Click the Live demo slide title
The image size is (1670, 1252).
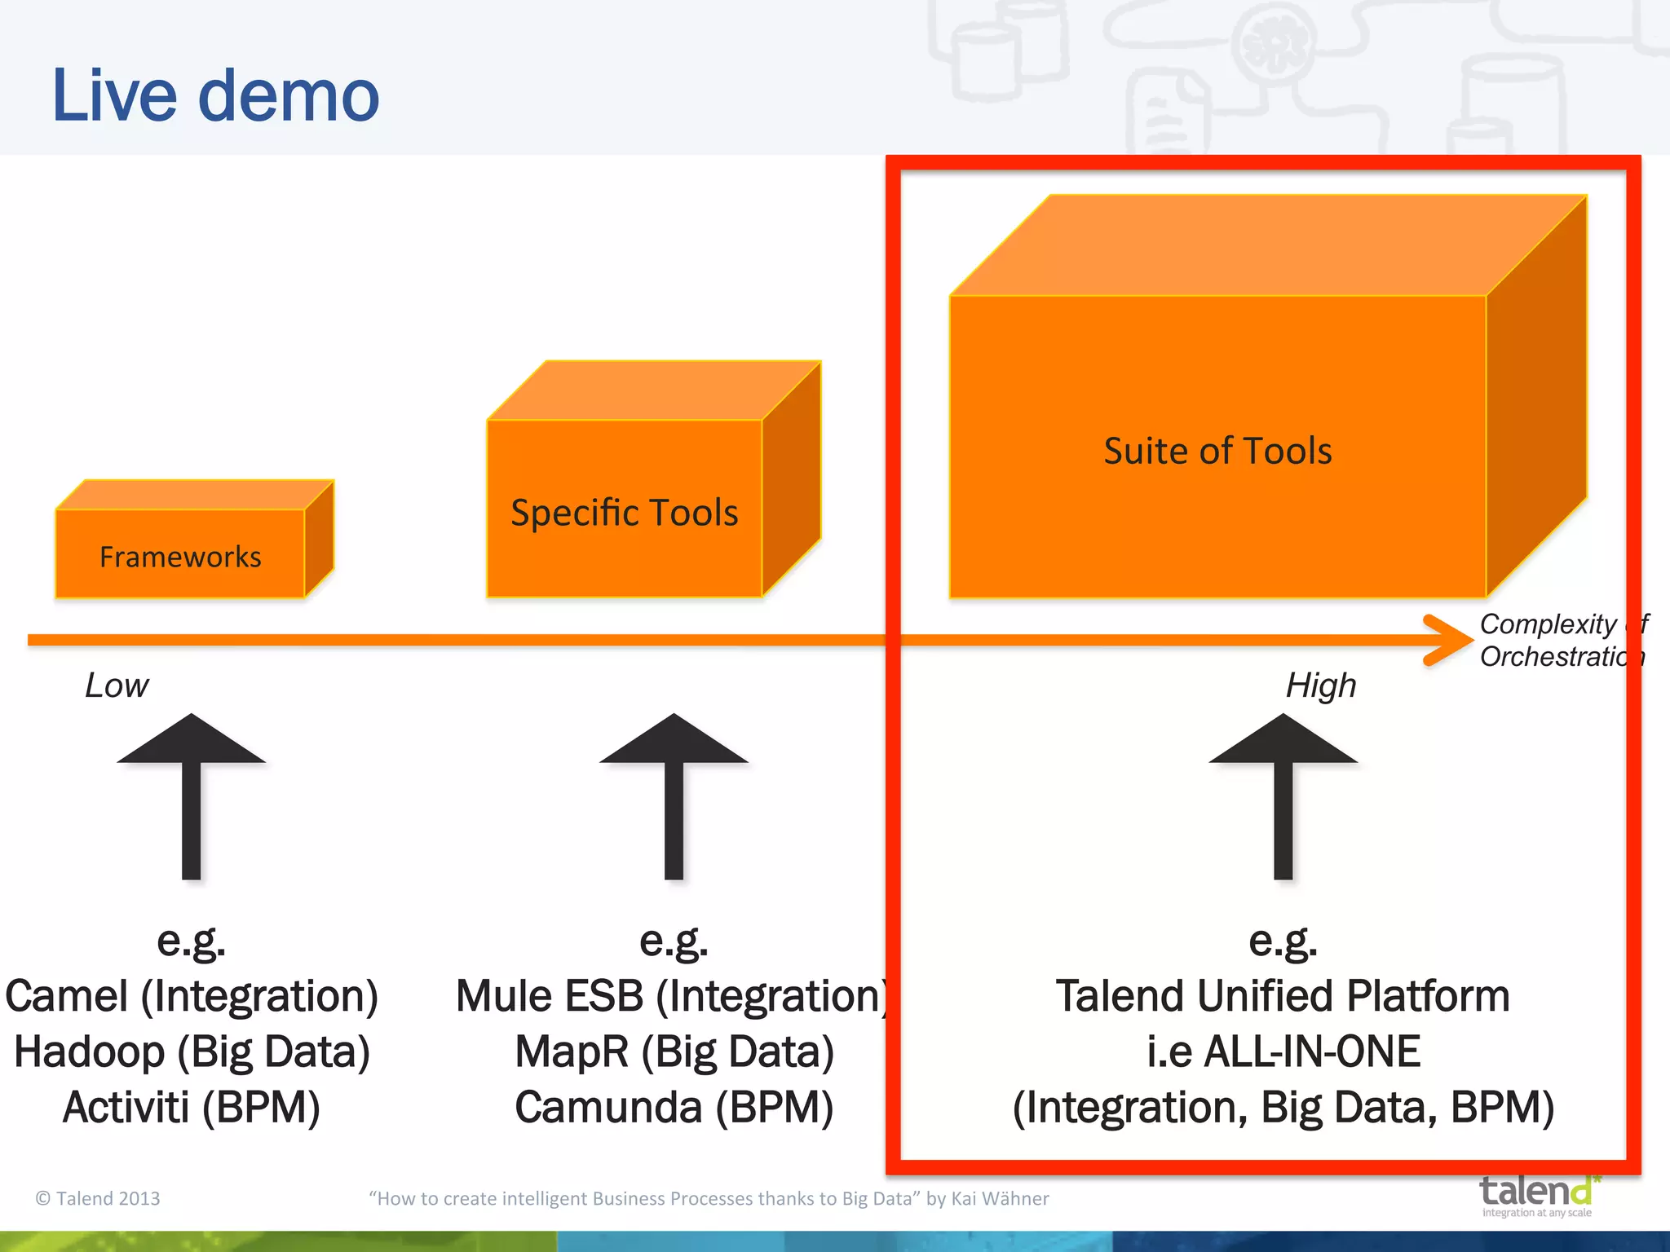215,96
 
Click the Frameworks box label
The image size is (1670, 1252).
180,557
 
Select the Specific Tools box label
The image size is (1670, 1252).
624,513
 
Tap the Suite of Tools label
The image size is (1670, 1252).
1217,451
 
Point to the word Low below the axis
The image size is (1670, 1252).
117,686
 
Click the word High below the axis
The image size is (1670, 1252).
1321,686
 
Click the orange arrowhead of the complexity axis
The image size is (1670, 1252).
1450,640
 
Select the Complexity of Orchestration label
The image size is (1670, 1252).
1562,640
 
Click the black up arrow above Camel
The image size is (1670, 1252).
192,795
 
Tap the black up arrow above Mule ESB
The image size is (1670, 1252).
674,795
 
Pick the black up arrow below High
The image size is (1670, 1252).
1283,795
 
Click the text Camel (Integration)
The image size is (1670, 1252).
192,996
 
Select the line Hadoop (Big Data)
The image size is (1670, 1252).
192,1051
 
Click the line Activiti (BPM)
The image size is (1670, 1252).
192,1107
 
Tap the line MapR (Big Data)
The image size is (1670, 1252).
674,1051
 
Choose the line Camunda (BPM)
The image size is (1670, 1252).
674,1107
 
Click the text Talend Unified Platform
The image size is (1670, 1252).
1283,996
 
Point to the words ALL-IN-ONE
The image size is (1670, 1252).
1311,1051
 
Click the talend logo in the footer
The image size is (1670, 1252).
1537,1194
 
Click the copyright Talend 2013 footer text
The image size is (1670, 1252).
98,1198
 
